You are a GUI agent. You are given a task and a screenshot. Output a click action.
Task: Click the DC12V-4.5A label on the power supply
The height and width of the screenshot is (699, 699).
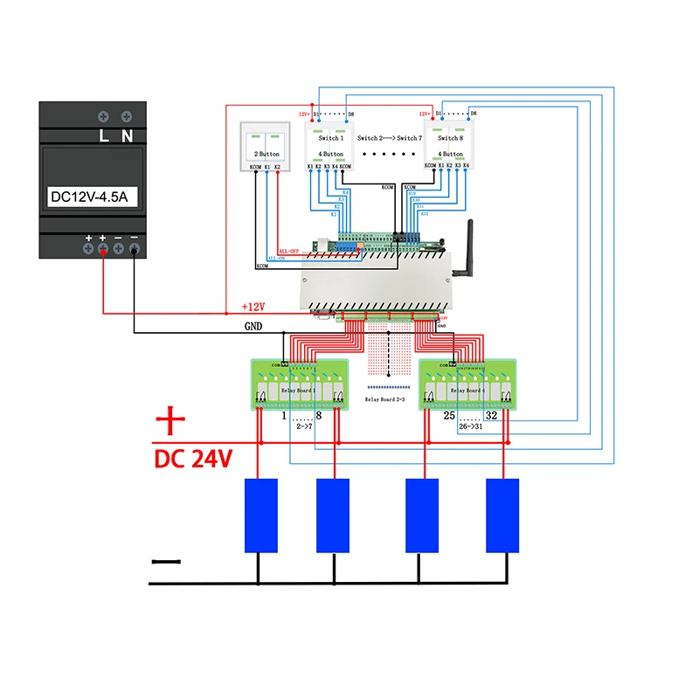89,197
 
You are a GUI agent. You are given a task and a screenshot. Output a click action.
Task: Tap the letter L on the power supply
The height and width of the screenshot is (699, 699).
102,135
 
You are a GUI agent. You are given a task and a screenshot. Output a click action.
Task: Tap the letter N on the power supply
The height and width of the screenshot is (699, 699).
127,135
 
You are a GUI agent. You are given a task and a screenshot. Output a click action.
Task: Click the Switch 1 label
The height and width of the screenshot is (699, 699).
329,138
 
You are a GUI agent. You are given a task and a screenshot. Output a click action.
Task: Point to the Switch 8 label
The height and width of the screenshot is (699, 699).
449,138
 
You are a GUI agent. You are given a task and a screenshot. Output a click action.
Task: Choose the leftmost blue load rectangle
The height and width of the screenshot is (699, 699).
260,516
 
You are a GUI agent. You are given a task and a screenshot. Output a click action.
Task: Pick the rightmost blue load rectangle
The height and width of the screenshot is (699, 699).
502,516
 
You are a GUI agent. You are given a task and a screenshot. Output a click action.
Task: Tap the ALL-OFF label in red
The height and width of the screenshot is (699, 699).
287,250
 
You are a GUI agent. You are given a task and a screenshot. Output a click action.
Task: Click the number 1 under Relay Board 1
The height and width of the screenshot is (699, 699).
285,417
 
